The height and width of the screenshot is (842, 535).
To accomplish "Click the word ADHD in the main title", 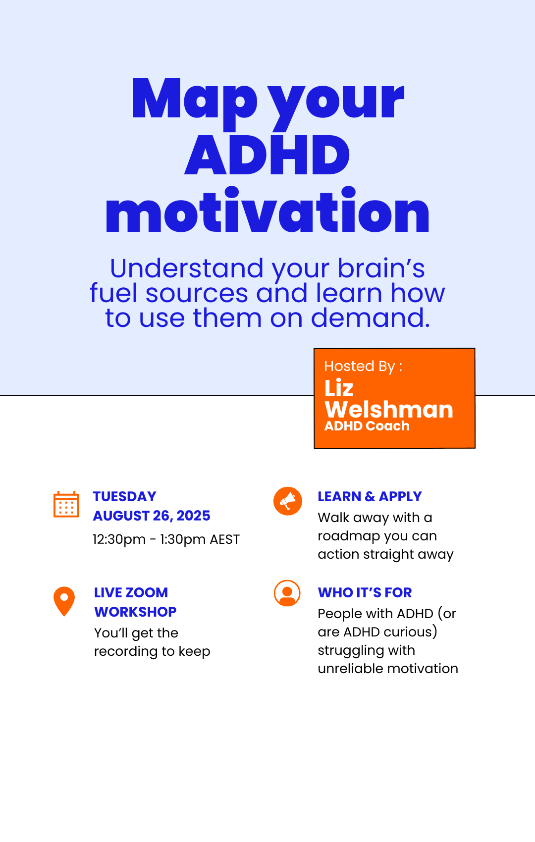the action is (267, 155).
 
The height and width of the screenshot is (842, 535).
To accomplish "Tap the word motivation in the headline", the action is (267, 210).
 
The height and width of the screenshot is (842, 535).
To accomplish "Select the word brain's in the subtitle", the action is (381, 268).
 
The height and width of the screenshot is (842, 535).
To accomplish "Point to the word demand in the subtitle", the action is (371, 318).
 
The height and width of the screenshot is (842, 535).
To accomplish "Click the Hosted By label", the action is (363, 366).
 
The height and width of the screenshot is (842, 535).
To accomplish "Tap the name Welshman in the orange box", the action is (389, 409).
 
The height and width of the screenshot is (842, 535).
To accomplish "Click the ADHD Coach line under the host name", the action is (367, 426).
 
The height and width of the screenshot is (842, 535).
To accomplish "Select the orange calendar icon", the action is (66, 504).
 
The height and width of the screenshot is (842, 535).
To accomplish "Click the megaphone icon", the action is (288, 501).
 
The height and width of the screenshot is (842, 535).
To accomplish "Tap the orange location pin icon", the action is (64, 601).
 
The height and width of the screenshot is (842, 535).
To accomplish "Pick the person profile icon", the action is (287, 593).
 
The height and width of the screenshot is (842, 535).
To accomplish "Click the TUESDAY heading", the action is (124, 497).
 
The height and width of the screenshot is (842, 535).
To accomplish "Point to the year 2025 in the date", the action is (193, 516).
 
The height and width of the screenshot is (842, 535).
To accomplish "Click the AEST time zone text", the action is (224, 539).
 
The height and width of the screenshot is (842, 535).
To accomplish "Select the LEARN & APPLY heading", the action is (370, 497).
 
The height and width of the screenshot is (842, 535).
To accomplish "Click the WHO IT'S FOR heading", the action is (365, 593).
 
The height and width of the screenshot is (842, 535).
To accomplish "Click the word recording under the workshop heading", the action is (126, 652).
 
